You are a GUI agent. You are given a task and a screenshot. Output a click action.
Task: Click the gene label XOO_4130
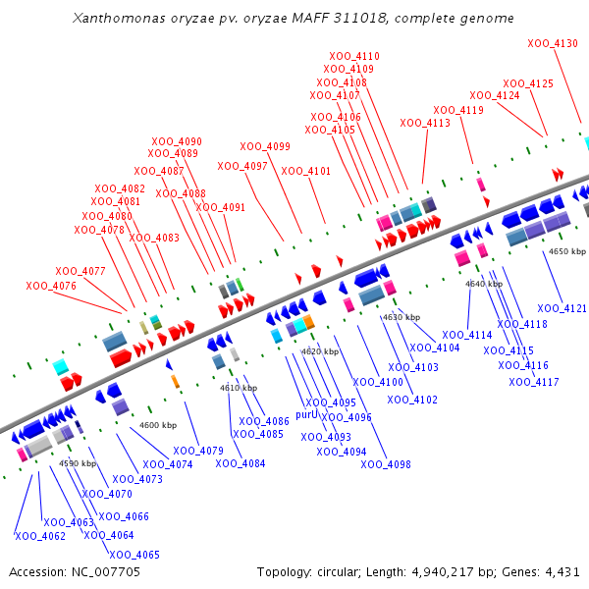[553, 44]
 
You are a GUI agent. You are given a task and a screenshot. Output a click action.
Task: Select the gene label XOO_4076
[51, 286]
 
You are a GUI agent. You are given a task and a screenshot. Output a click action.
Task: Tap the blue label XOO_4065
[134, 555]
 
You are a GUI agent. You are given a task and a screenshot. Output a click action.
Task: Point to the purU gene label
[307, 415]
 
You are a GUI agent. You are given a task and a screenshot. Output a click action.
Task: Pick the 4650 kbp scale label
[566, 251]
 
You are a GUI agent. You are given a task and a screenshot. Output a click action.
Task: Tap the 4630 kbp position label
[401, 317]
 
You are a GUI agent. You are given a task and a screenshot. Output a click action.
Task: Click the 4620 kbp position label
[320, 351]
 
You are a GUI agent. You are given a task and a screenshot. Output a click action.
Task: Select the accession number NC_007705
[102, 571]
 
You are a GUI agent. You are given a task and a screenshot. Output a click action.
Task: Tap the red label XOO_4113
[425, 124]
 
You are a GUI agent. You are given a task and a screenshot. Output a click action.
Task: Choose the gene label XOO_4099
[265, 147]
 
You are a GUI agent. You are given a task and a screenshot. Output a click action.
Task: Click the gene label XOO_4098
[386, 464]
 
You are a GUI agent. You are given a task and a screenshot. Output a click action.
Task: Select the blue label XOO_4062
[40, 536]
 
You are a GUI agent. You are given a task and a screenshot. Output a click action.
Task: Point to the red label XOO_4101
[306, 171]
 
